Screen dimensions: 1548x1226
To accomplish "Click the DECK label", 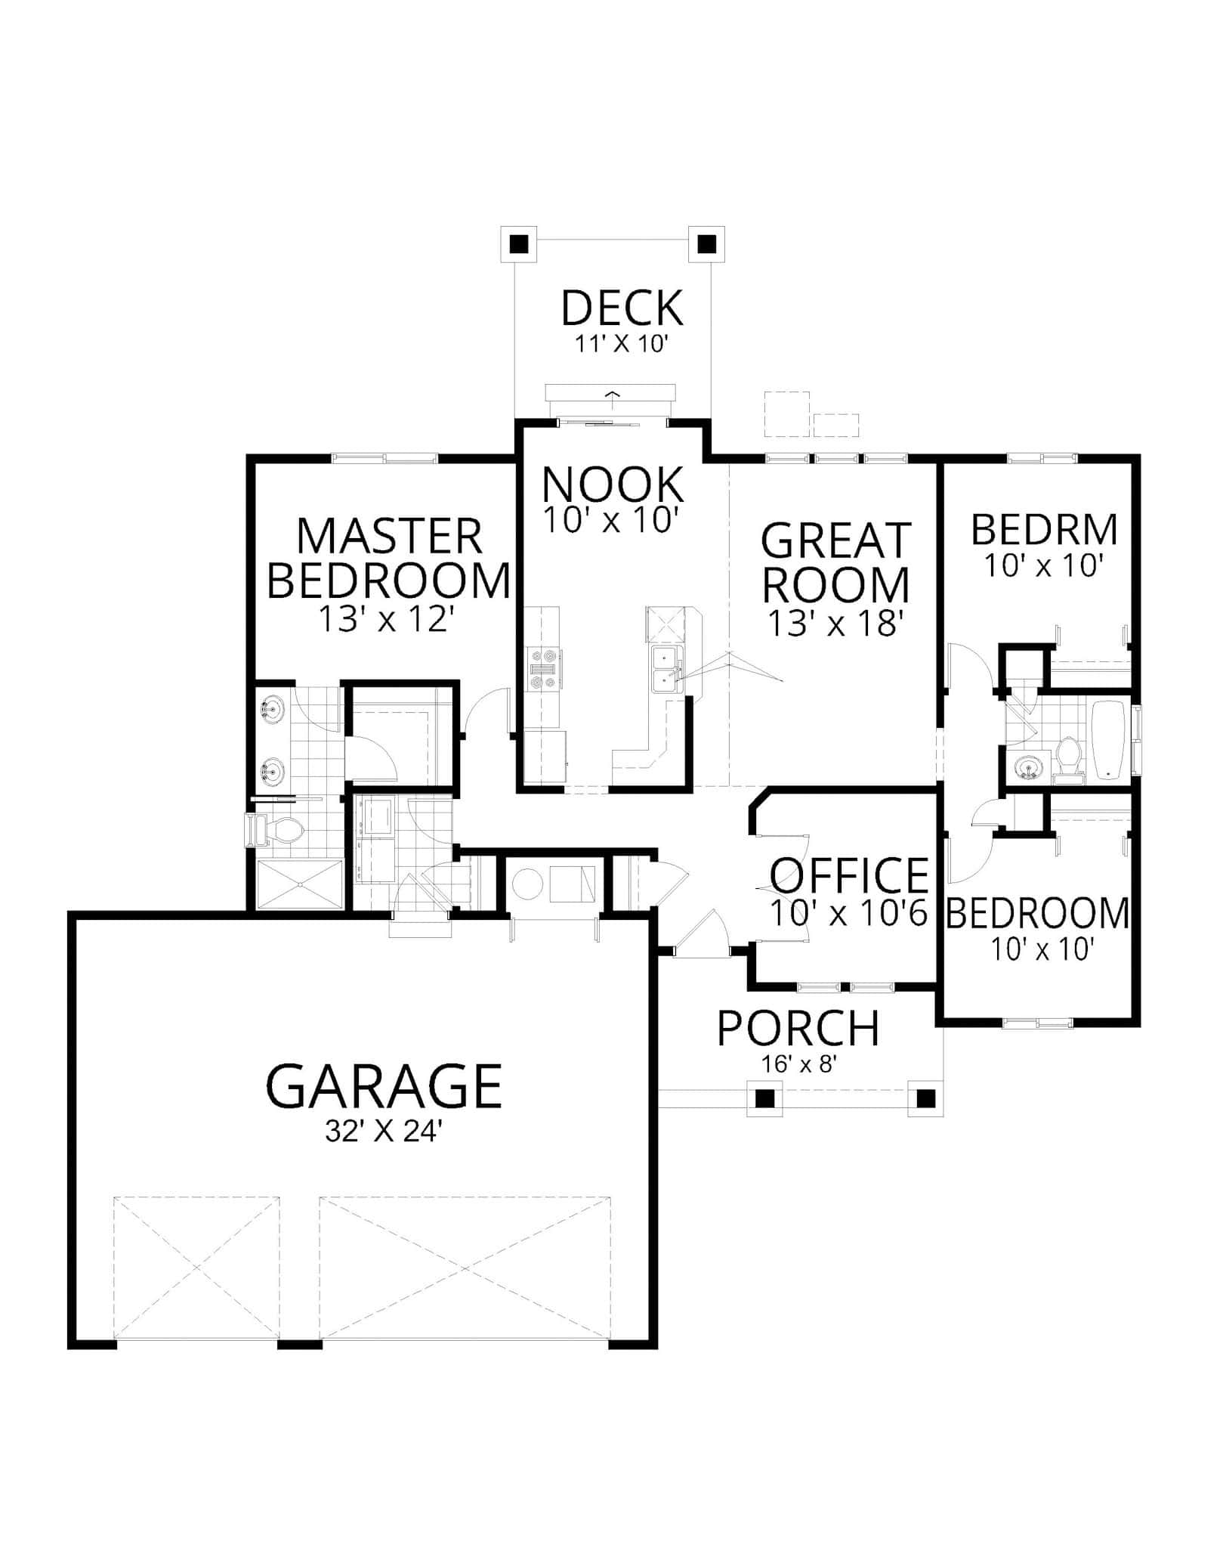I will [622, 308].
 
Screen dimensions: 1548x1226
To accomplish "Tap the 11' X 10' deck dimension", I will [622, 345].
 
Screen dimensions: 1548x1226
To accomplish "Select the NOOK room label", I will [613, 485].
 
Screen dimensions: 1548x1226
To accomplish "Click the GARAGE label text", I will [384, 1086].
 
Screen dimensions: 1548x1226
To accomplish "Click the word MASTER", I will [389, 537].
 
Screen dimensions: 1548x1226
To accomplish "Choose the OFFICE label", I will [849, 876].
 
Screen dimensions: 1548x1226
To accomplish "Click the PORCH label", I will [798, 1029].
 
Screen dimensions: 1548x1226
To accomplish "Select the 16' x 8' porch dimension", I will [798, 1064].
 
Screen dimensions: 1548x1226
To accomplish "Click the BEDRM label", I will [1044, 530].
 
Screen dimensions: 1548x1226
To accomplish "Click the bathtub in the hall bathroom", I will [1110, 740].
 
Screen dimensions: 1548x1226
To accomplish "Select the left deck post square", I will [518, 244].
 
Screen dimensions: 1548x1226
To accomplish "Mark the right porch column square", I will [925, 1098].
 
